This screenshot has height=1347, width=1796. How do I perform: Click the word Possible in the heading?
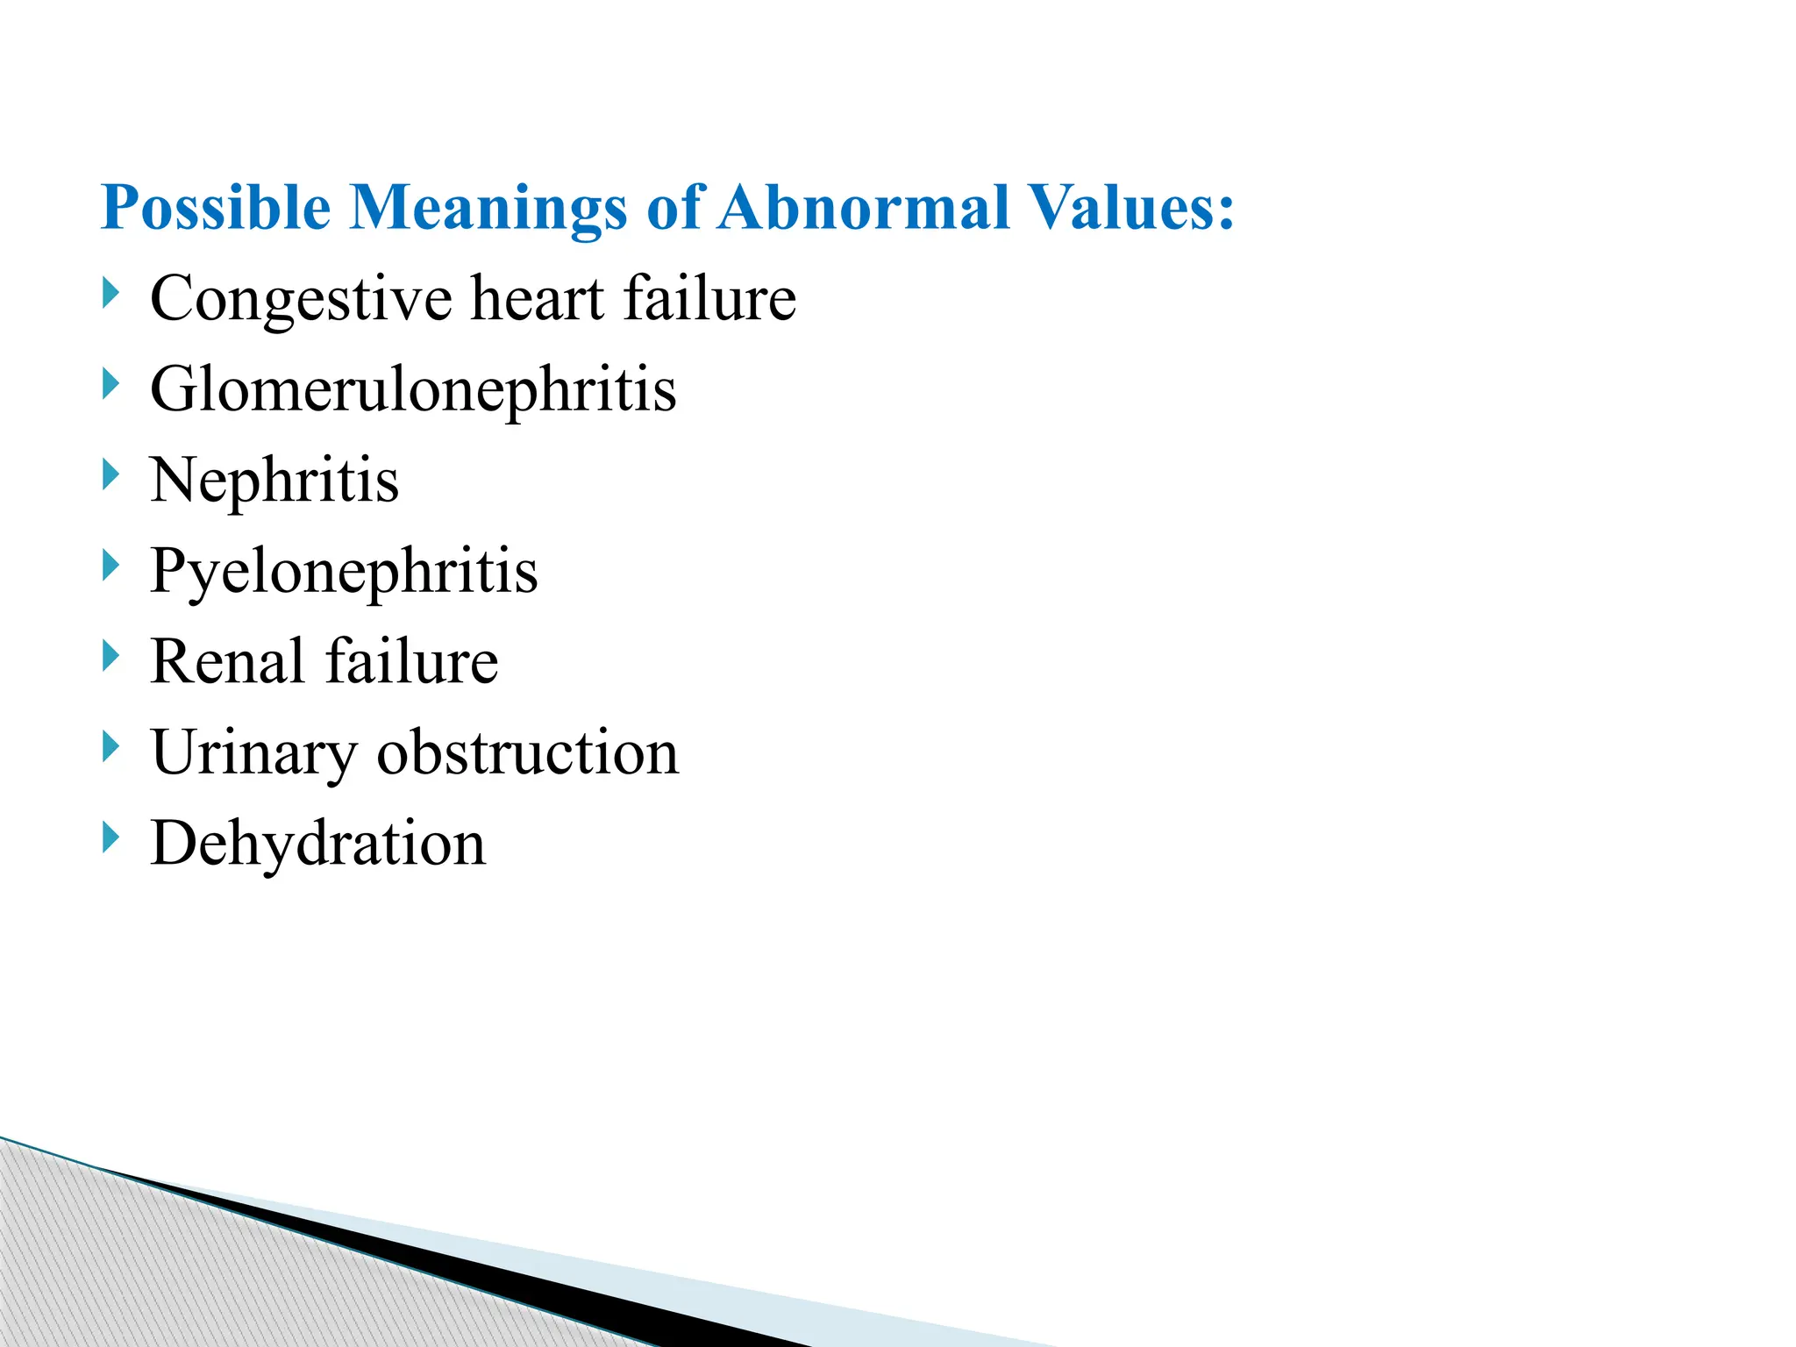pyautogui.click(x=216, y=209)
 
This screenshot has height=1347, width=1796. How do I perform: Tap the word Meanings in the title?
pyautogui.click(x=488, y=209)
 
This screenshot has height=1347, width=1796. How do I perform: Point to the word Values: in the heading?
pyautogui.click(x=1131, y=209)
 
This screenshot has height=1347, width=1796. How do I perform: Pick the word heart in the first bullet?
pyautogui.click(x=537, y=298)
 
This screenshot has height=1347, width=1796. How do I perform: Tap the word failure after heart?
pyautogui.click(x=709, y=298)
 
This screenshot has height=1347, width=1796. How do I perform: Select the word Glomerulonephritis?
pyautogui.click(x=413, y=390)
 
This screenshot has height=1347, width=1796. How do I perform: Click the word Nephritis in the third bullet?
pyautogui.click(x=274, y=481)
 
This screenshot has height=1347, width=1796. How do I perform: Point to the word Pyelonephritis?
pyautogui.click(x=344, y=573)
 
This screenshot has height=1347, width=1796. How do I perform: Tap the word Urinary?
pyautogui.click(x=253, y=754)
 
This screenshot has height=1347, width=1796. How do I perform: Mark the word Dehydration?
pyautogui.click(x=317, y=844)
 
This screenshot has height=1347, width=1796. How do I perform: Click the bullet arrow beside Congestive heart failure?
pyautogui.click(x=110, y=293)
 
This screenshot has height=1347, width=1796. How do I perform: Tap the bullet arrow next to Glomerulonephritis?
pyautogui.click(x=110, y=384)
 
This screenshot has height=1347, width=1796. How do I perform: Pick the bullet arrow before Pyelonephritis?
pyautogui.click(x=110, y=566)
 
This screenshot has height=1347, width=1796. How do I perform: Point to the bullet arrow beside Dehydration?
pyautogui.click(x=110, y=837)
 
